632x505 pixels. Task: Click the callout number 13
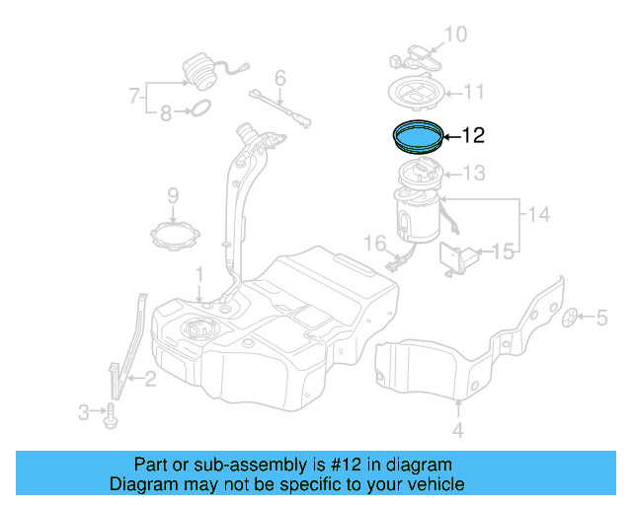click(474, 174)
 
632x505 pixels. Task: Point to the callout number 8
click(165, 113)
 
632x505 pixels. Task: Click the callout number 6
click(279, 77)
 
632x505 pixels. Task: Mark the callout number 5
click(600, 317)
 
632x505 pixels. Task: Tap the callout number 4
click(457, 429)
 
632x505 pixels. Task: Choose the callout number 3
click(83, 410)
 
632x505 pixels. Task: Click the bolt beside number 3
click(111, 413)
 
